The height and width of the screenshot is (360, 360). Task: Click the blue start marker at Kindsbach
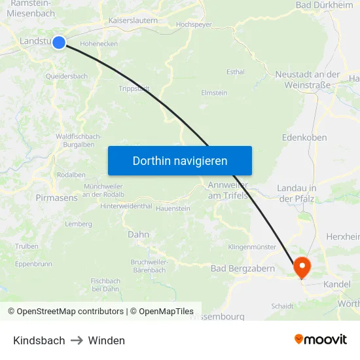(x=59, y=43)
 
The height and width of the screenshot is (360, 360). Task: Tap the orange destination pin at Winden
(x=302, y=267)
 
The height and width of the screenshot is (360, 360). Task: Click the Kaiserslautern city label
(x=133, y=21)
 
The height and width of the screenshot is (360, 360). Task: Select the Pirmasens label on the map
(x=56, y=197)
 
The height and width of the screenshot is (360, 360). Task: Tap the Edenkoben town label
(x=304, y=137)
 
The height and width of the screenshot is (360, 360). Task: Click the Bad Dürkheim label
(x=324, y=5)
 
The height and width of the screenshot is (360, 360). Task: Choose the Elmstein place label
(x=214, y=93)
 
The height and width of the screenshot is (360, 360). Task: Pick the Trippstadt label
(x=135, y=88)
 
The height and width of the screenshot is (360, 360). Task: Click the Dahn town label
(x=138, y=234)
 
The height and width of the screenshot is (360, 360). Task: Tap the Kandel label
(x=336, y=285)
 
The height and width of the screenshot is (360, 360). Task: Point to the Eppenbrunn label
(x=33, y=264)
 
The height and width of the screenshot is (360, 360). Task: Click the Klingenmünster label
(x=252, y=247)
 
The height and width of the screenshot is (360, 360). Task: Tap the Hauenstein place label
(x=173, y=208)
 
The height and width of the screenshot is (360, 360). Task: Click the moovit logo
(x=321, y=340)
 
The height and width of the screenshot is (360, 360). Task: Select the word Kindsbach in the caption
(x=39, y=340)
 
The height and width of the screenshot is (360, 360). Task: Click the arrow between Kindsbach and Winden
(x=77, y=340)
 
